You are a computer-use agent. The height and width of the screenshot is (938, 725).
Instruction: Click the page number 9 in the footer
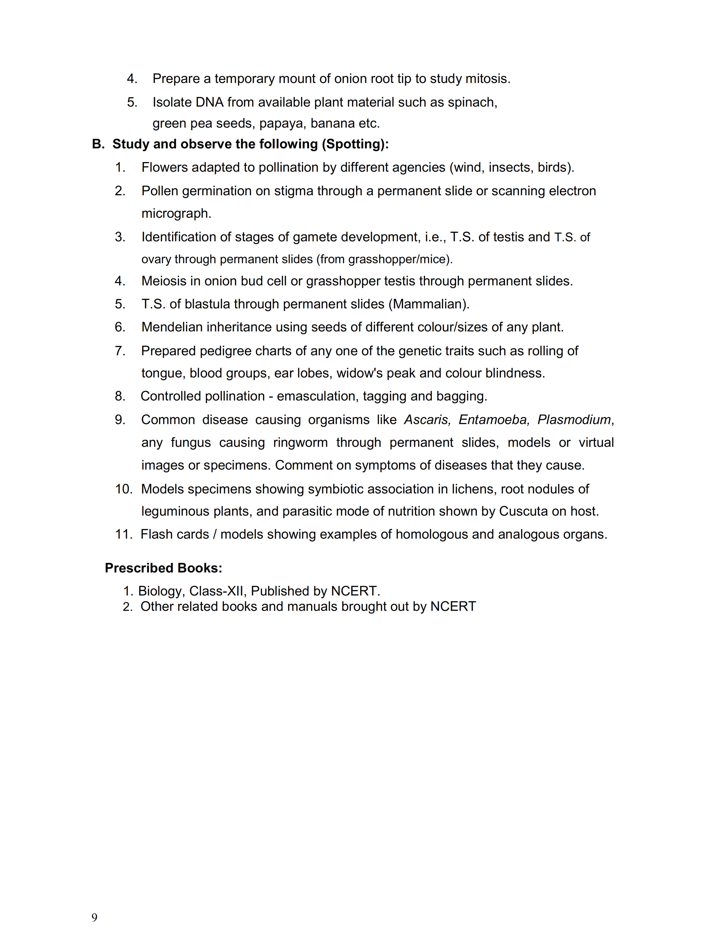[x=94, y=917]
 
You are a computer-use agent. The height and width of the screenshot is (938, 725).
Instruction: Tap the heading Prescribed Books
[x=163, y=568]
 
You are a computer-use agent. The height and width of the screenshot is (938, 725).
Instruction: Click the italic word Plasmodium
[x=574, y=420]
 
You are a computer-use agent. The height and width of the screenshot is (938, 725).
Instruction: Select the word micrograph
[x=176, y=213]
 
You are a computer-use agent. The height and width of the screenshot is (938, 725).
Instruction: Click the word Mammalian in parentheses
[x=429, y=304]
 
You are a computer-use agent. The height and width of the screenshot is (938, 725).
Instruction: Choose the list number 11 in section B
[x=123, y=534]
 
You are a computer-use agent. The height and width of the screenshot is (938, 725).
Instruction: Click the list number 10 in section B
[x=123, y=489]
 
